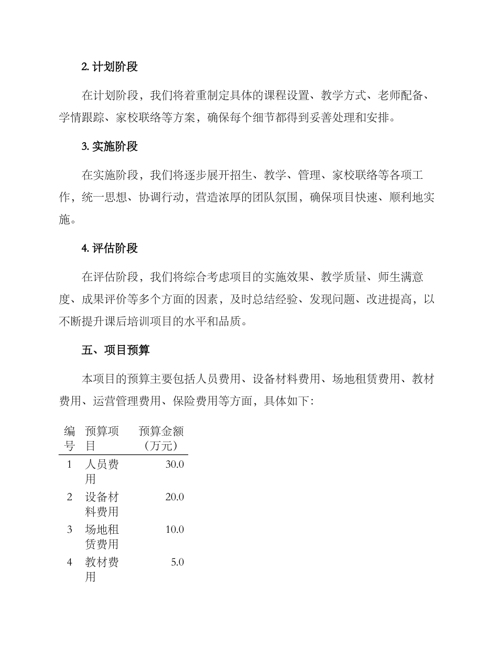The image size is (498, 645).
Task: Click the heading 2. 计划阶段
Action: tap(110, 67)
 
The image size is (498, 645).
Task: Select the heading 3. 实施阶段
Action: tap(110, 147)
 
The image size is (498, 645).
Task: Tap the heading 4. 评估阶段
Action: tap(110, 249)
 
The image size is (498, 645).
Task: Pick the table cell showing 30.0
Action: tap(175, 465)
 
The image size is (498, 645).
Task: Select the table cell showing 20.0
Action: tap(175, 497)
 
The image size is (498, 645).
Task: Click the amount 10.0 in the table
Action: tap(175, 530)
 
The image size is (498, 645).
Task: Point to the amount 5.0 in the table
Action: tap(178, 563)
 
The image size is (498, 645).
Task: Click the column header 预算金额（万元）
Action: tap(161, 439)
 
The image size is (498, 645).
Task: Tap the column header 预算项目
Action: tap(102, 439)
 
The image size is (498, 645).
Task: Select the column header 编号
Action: tap(69, 439)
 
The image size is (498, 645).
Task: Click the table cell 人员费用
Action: tap(102, 471)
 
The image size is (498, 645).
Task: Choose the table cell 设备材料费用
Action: tap(102, 504)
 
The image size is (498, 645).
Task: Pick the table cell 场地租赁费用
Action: tap(102, 536)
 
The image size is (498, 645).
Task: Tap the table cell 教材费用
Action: tap(102, 569)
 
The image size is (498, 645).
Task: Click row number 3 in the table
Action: tap(69, 530)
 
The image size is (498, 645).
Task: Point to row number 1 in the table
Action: tap(69, 465)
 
